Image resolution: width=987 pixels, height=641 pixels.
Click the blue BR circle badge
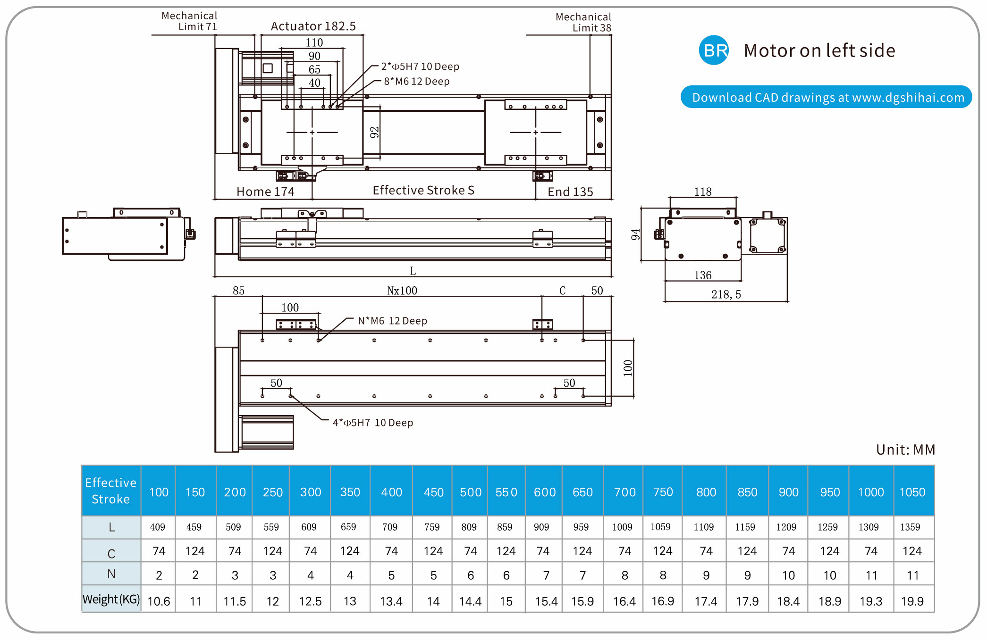(x=713, y=50)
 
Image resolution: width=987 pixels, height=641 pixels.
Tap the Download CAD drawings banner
(x=826, y=97)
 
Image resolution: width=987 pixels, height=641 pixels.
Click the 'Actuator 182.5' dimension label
(x=313, y=26)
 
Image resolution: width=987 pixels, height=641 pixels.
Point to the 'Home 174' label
(x=265, y=191)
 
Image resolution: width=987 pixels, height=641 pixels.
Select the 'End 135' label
(x=570, y=191)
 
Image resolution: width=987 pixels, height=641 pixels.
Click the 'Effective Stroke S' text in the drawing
(x=423, y=190)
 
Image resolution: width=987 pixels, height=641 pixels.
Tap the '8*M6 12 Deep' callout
(x=416, y=81)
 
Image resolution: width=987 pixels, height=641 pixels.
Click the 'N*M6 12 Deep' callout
(x=392, y=321)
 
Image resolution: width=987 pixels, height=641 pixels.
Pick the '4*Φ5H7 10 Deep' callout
(x=373, y=423)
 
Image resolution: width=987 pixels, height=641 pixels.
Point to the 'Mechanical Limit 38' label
(x=583, y=22)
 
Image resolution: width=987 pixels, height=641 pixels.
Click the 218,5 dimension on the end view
(x=726, y=294)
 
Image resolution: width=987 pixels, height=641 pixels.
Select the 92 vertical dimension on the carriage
(x=374, y=133)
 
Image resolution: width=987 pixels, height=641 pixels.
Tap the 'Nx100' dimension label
(x=402, y=291)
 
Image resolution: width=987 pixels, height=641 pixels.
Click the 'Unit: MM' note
(x=905, y=450)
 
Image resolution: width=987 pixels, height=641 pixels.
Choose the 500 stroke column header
(x=471, y=492)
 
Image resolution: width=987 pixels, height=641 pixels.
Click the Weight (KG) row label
(x=111, y=599)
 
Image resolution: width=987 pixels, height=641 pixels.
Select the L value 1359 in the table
(x=910, y=527)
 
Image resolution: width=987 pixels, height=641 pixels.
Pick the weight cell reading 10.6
(x=159, y=601)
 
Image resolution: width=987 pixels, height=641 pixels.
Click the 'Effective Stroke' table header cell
(x=111, y=491)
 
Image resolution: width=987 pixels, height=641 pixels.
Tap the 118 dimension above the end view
(x=703, y=191)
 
